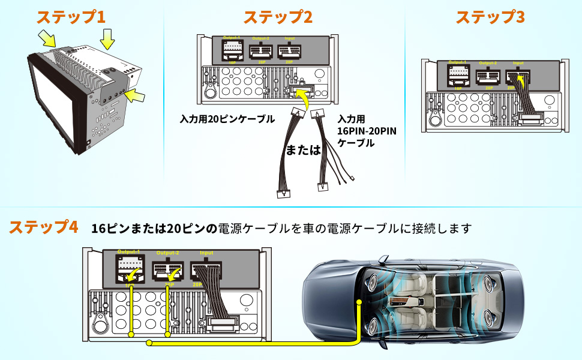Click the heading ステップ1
tap(71, 16)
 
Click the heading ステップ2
tap(277, 16)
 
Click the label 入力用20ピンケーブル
tap(227, 119)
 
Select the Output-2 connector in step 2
tap(263, 52)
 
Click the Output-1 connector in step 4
tap(131, 268)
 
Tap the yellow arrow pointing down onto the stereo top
tap(107, 40)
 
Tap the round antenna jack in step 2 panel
tap(211, 91)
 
